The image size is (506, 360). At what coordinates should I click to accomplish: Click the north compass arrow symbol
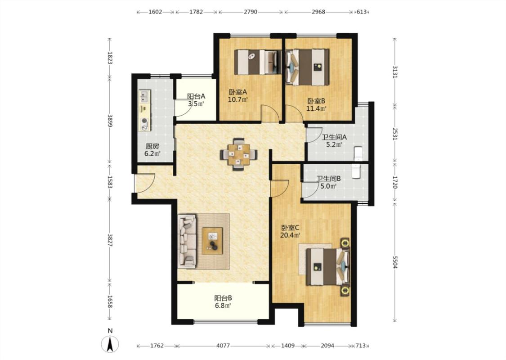tap(110, 344)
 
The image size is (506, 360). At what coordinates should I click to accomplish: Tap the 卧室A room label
tap(237, 92)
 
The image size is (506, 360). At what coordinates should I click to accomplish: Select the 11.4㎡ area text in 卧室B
tap(316, 108)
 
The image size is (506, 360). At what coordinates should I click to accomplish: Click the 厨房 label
tap(152, 146)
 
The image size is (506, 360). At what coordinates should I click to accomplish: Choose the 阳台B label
tap(223, 298)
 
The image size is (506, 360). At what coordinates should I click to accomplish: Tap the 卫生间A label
tap(334, 137)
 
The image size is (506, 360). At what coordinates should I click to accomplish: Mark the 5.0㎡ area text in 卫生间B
tap(328, 186)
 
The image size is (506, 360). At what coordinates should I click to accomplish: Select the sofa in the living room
tap(187, 241)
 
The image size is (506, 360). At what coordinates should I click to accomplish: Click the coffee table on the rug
tap(212, 241)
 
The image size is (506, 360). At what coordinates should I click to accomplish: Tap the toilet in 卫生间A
tap(358, 153)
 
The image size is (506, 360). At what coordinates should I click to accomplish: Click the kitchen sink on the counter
tap(144, 96)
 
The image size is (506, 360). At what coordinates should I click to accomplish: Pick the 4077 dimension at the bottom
tap(223, 346)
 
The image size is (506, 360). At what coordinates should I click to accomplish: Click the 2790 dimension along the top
tap(251, 12)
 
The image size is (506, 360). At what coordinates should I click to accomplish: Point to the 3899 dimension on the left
tap(110, 121)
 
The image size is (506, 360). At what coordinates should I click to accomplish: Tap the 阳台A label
tap(196, 96)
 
